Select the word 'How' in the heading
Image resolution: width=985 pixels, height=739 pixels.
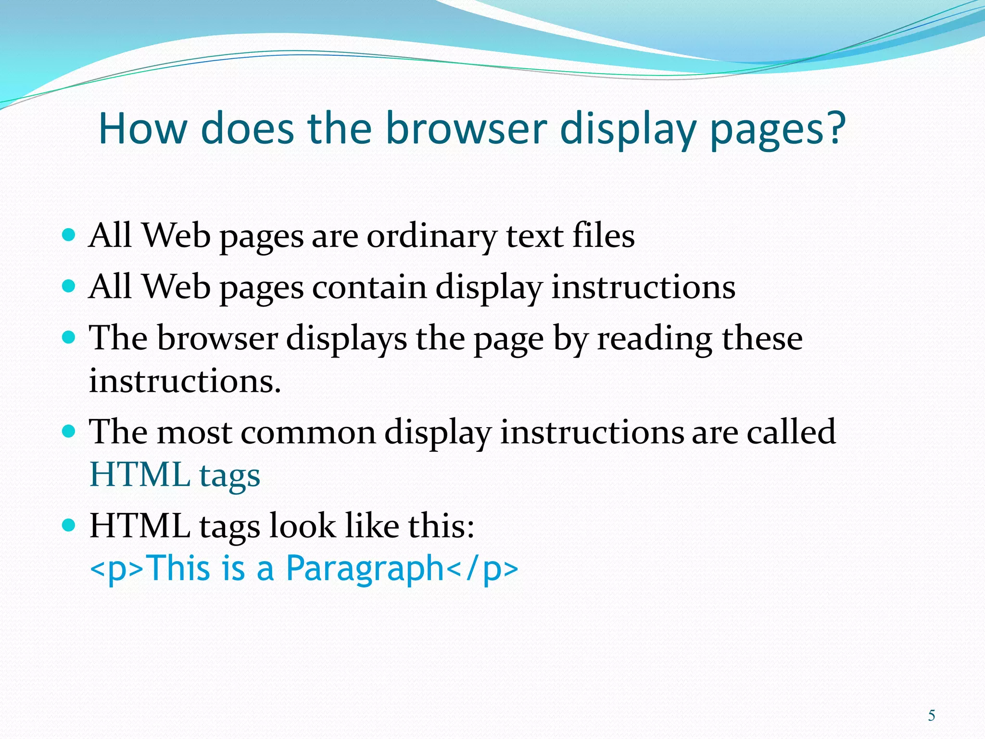coord(142,128)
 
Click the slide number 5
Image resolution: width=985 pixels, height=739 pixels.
coord(932,715)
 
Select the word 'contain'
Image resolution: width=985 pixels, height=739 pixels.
coord(369,287)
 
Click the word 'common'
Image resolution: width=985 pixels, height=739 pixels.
coord(308,432)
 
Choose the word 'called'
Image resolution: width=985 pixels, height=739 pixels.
coord(791,432)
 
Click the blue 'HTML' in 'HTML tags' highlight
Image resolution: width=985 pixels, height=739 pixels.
coord(140,474)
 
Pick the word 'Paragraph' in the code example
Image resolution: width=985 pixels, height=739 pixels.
coord(365,569)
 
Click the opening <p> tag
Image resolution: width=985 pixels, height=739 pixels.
coord(117,569)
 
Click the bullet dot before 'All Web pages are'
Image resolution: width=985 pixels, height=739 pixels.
coord(69,235)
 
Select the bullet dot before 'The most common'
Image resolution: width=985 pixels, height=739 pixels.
coord(69,431)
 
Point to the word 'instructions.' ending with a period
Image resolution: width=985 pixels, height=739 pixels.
coord(185,382)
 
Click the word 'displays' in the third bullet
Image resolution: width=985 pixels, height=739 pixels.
coord(346,339)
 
